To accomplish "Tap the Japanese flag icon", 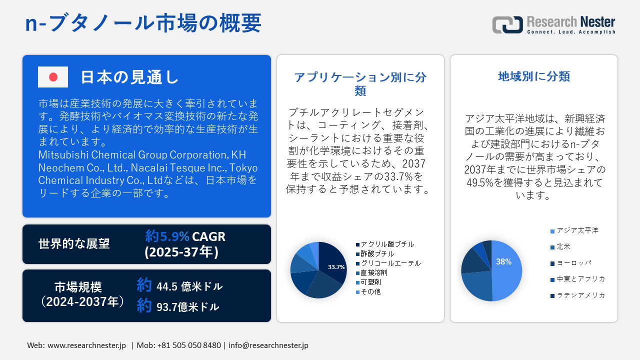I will [x=53, y=77].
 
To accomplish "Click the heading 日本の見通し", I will [x=129, y=77].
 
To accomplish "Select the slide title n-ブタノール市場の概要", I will [x=143, y=23].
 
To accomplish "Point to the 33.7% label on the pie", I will [x=336, y=267].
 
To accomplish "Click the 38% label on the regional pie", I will [x=503, y=261].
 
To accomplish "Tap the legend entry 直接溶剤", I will [x=374, y=272].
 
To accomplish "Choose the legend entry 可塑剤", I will [x=370, y=282].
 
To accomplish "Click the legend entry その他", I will [x=370, y=291].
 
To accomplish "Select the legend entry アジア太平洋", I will [x=577, y=230].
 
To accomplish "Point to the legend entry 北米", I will [x=563, y=247].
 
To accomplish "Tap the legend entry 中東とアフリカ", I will [x=580, y=279].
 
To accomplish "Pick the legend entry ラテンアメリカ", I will [x=580, y=295].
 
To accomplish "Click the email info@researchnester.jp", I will [x=268, y=345].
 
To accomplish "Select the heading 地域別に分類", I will [x=534, y=76].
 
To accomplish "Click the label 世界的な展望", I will [x=74, y=243].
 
